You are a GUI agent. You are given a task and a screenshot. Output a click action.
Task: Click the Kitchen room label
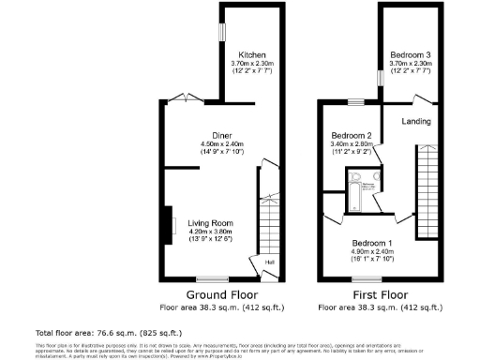(x=252, y=54)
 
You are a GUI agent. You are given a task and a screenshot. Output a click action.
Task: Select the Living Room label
(x=209, y=222)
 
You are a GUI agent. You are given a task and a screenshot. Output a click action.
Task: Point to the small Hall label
(x=268, y=262)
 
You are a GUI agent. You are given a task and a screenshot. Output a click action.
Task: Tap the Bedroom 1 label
(x=373, y=243)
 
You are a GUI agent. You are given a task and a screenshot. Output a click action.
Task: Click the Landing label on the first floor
(x=416, y=120)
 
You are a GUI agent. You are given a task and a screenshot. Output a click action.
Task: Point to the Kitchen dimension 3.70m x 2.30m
(x=252, y=63)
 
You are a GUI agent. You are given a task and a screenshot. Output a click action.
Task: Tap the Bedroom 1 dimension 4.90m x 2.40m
(x=373, y=251)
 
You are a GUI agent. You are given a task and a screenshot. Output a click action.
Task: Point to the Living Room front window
(x=213, y=278)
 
